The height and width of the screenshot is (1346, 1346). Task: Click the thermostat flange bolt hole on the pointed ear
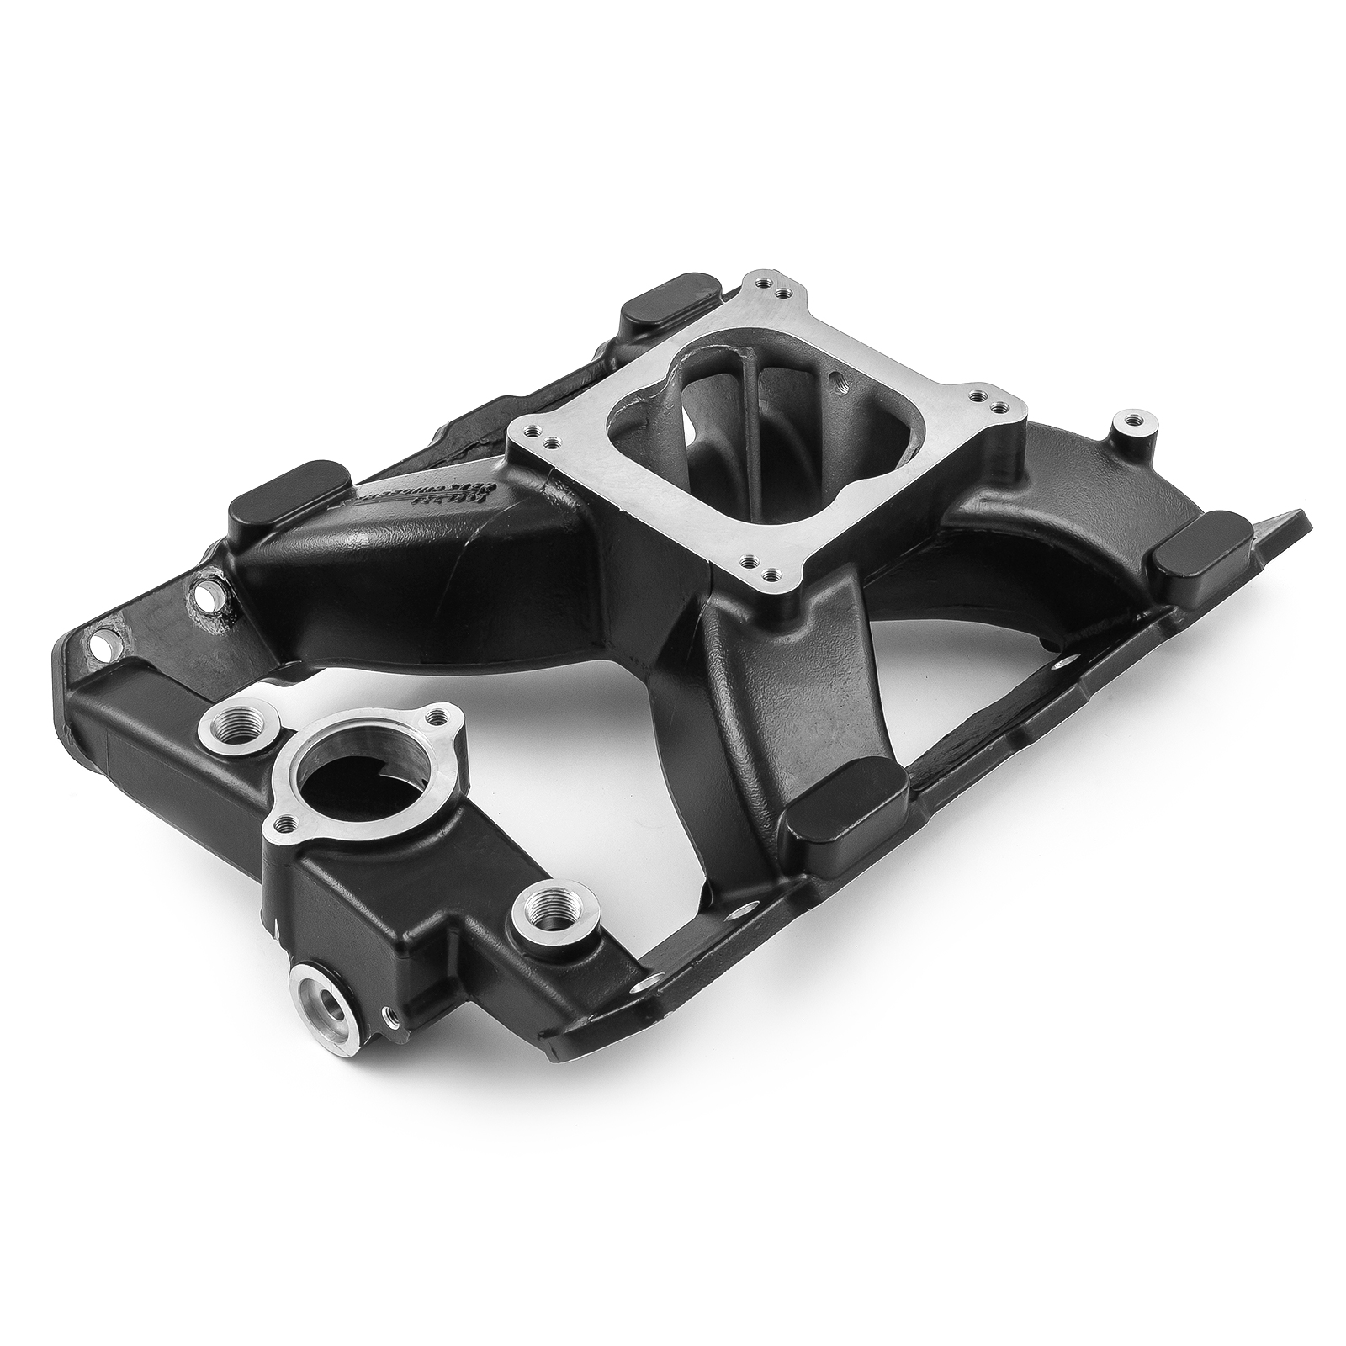point(435,717)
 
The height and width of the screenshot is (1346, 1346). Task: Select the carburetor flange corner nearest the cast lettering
point(539,439)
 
